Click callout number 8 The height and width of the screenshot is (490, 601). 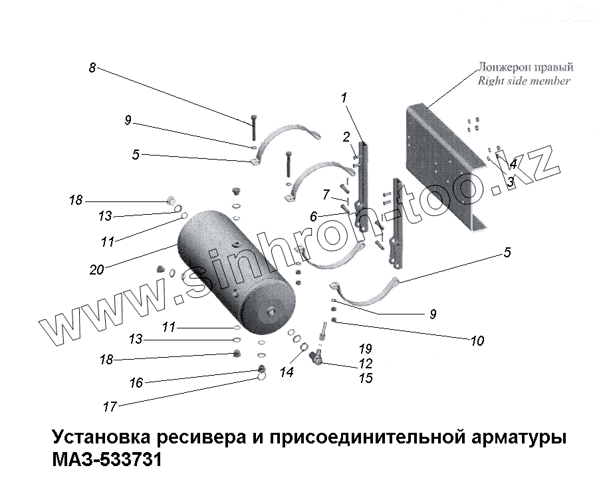click(x=92, y=67)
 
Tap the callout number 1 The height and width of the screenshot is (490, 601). click(x=344, y=98)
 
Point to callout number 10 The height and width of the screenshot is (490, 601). click(x=477, y=342)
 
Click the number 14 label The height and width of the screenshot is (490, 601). click(x=287, y=373)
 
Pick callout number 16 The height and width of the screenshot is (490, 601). click(x=136, y=383)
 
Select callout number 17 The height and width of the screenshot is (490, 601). click(x=110, y=406)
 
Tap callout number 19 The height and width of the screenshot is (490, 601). click(x=365, y=349)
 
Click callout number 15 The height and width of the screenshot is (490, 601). click(x=365, y=378)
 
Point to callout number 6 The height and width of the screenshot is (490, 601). click(x=314, y=216)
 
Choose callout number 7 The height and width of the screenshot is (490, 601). click(x=326, y=194)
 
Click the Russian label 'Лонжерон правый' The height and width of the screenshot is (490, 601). click(x=525, y=68)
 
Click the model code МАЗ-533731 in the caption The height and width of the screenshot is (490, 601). click(x=106, y=459)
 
